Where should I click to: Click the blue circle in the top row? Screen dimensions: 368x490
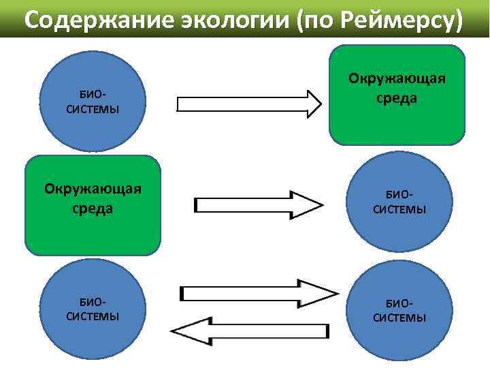pyautogui.click(x=93, y=102)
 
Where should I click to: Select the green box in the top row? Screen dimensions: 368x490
pyautogui.click(x=397, y=95)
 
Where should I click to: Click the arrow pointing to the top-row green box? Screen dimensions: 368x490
pyautogui.click(x=248, y=104)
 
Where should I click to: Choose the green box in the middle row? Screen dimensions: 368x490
pyautogui.click(x=93, y=205)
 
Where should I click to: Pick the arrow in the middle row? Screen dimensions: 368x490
pyautogui.click(x=259, y=204)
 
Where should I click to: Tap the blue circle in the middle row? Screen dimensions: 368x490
pyautogui.click(x=399, y=203)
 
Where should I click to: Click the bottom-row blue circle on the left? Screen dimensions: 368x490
pyautogui.click(x=93, y=309)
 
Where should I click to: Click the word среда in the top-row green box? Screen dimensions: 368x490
pyautogui.click(x=397, y=98)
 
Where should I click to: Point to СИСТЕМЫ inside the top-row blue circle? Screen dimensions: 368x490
pyautogui.click(x=93, y=109)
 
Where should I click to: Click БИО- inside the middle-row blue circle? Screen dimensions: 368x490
pyautogui.click(x=399, y=196)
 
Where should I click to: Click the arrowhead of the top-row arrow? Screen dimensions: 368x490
pyautogui.click(x=313, y=104)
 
